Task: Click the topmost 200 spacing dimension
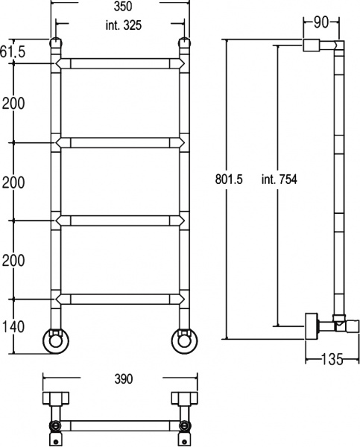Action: tap(13, 104)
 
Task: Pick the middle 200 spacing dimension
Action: tap(13, 182)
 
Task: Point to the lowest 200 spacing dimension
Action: tap(13, 260)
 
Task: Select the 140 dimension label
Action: tap(13, 326)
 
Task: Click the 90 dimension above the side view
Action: tap(321, 22)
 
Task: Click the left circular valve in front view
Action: tap(56, 339)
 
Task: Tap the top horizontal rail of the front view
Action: tap(119, 64)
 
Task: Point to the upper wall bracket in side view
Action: tap(312, 46)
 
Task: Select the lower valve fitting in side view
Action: tap(320, 325)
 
